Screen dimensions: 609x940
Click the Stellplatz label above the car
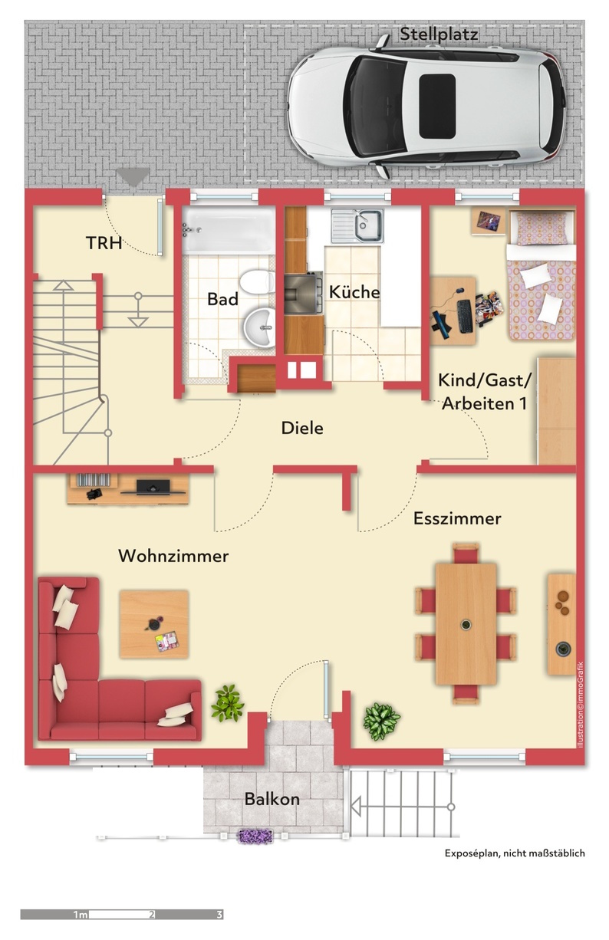click(439, 34)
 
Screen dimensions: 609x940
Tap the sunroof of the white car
click(437, 106)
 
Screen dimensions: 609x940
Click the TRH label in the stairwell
click(104, 243)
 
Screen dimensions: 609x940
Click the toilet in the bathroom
click(257, 281)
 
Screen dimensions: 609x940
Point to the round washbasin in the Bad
click(259, 327)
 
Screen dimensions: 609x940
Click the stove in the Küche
click(304, 294)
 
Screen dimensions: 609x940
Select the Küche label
click(354, 292)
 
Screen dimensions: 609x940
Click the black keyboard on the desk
click(464, 316)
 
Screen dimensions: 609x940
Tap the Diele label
click(302, 428)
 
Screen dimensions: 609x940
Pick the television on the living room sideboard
click(153, 487)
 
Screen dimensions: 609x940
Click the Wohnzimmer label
click(173, 556)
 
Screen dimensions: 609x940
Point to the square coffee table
click(154, 623)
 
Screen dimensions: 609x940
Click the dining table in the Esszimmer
click(466, 623)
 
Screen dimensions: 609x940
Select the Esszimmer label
click(457, 518)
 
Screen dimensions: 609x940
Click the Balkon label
click(272, 800)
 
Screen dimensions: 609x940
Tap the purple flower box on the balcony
click(255, 836)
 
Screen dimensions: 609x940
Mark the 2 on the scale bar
click(152, 915)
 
